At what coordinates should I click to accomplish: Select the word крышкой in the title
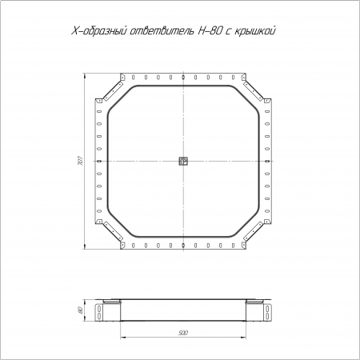[x=255, y=31]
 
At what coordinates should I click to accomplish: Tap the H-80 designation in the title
[x=210, y=31]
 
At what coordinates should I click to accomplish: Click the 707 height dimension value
[x=80, y=161]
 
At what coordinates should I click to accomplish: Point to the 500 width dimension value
[x=183, y=333]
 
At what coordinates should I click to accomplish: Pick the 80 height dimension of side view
[x=80, y=310]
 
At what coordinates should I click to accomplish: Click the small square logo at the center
[x=183, y=161]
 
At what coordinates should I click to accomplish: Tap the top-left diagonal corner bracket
[x=113, y=91]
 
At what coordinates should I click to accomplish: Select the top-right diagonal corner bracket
[x=254, y=91]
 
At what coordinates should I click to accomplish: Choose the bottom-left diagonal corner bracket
[x=113, y=230]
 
